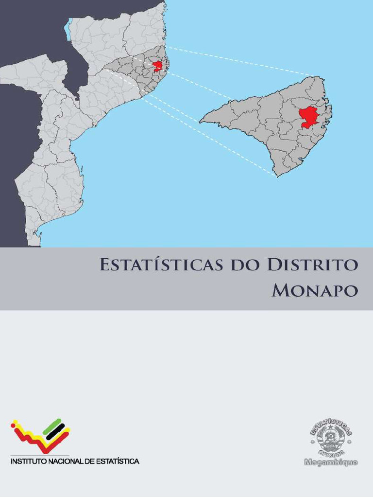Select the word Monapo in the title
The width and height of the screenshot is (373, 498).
point(315,290)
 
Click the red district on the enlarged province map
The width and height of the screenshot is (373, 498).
point(308,117)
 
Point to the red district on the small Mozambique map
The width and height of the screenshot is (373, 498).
point(157,66)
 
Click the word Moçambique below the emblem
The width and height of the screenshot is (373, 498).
point(331,462)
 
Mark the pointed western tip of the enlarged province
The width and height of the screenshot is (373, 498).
point(200,121)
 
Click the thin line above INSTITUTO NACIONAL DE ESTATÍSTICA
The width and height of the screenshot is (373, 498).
point(40,456)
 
